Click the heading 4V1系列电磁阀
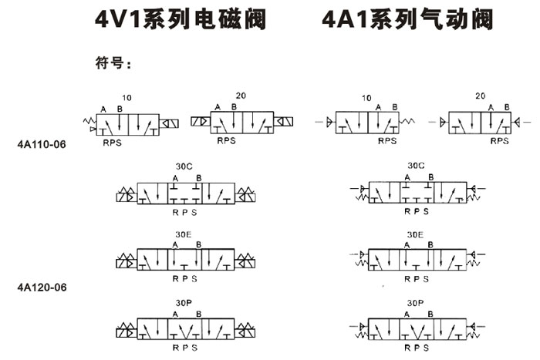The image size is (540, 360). click(180, 19)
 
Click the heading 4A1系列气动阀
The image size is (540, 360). click(407, 19)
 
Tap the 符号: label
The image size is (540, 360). click(113, 63)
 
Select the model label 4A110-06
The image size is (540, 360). click(42, 144)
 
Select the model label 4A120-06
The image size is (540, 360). click(42, 287)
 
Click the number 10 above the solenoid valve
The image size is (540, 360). click(127, 98)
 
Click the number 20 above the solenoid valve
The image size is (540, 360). click(241, 96)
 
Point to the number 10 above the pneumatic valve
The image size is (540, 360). click(366, 98)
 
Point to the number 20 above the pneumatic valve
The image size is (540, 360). click(481, 96)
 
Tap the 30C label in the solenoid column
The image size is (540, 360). click(184, 167)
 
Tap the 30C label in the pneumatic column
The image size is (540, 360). click(416, 165)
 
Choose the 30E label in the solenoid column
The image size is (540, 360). click(184, 234)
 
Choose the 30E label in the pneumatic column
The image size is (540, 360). click(415, 234)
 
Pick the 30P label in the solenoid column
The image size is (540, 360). click(184, 303)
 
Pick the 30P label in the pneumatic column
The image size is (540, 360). click(415, 303)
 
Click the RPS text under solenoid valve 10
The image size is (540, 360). click(113, 143)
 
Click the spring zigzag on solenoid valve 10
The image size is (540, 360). click(89, 120)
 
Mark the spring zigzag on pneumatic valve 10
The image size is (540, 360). click(407, 121)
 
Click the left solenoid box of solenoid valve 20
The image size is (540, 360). click(201, 121)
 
